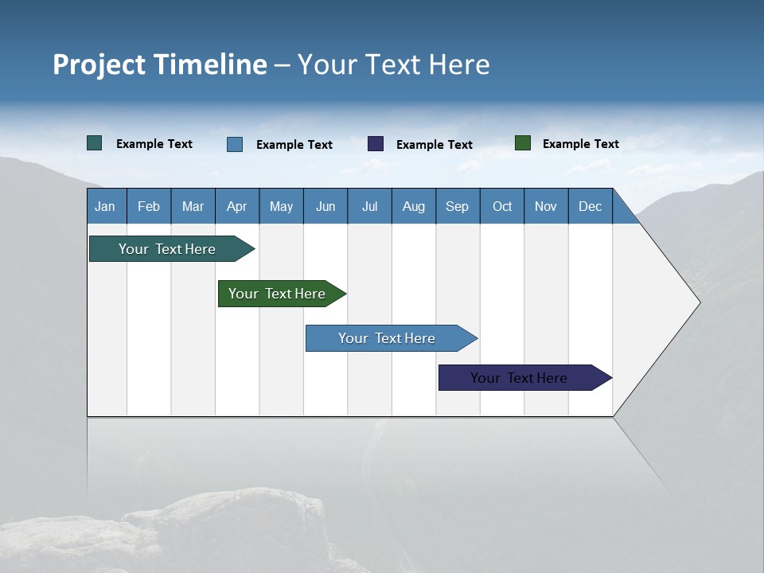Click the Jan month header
pos(105,206)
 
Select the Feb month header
pos(149,206)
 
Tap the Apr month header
pos(236,206)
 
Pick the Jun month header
pos(325,206)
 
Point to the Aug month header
pos(413,206)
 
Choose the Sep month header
pos(457,206)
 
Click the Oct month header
pos(502,206)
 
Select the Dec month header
pos(590,206)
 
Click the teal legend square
pos(95,143)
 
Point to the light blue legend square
pos(235,144)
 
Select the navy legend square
pos(376,144)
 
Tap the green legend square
pos(523,143)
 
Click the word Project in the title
pos(100,64)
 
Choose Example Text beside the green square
pos(580,144)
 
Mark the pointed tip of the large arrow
pos(699,302)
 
